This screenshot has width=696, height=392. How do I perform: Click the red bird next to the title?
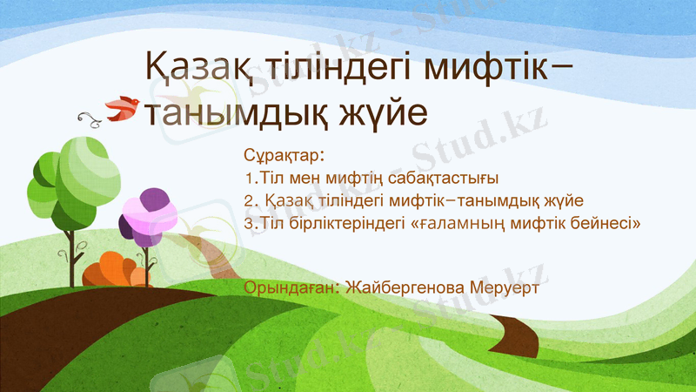pyautogui.click(x=124, y=107)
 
